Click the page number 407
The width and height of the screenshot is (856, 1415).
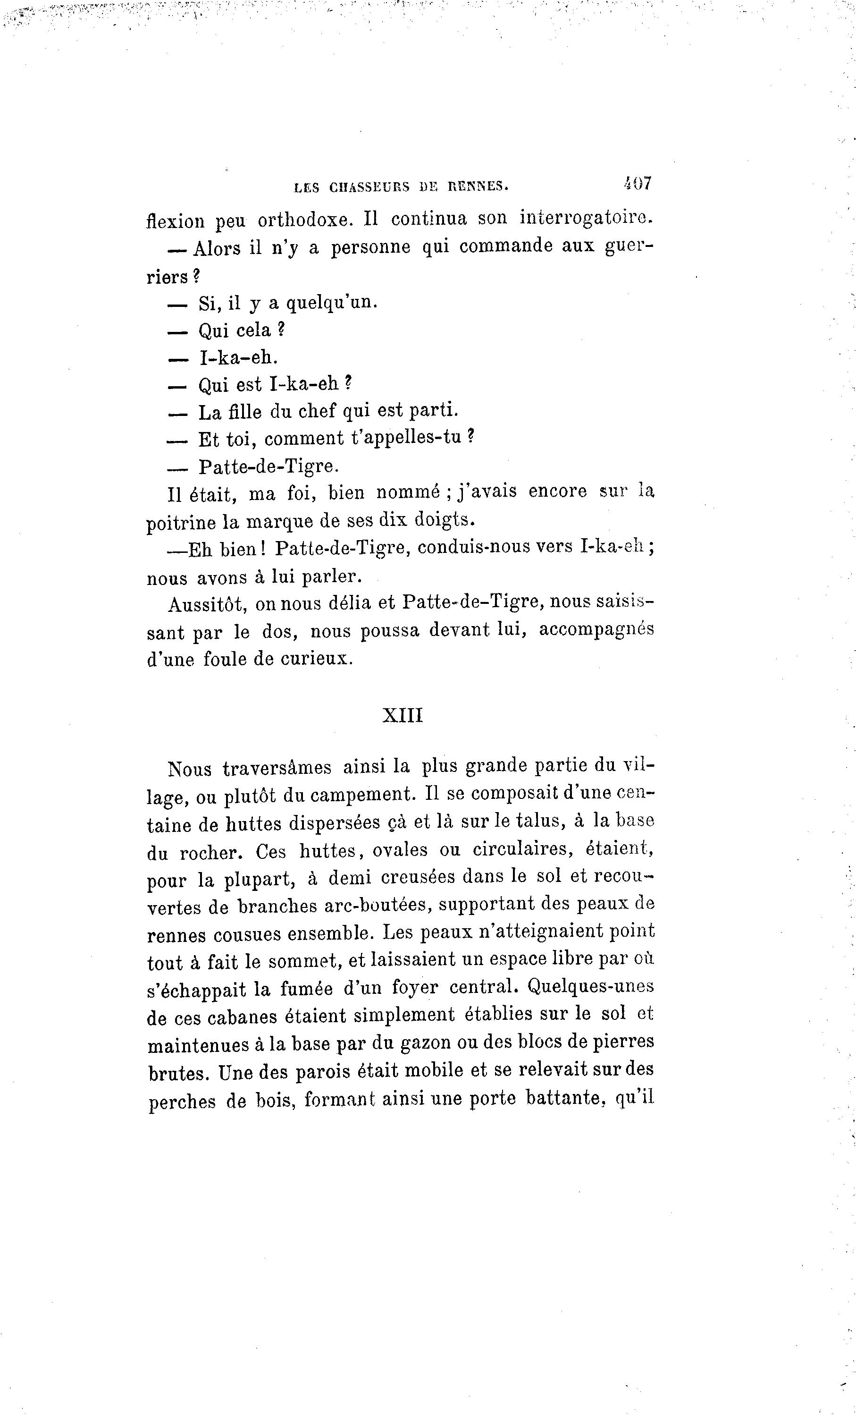pos(637,184)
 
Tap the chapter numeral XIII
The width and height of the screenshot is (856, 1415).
pos(403,716)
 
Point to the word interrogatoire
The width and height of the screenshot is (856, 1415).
pos(586,218)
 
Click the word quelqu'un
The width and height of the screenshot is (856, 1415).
pos(332,302)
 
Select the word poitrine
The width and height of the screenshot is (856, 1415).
pos(181,523)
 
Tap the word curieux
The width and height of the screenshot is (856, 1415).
pos(316,659)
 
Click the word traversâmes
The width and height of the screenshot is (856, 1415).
pos(277,768)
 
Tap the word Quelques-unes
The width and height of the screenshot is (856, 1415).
pos(591,986)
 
